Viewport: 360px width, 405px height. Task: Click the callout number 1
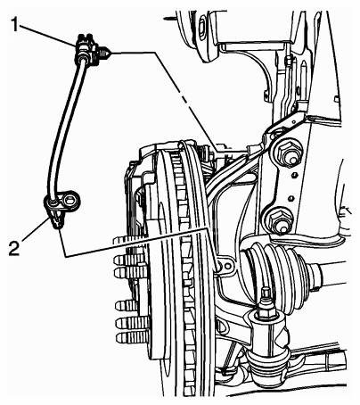coord(14,24)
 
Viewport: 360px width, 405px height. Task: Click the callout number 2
coord(14,248)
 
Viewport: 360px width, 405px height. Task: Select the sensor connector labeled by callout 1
coord(86,49)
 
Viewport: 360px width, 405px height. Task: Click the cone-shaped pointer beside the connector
coord(105,54)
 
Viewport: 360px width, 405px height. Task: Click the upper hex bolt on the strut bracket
coord(287,154)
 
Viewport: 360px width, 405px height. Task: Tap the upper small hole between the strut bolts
coord(295,175)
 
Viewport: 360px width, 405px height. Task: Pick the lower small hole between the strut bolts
coord(291,198)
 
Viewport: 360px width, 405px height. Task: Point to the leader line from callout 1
coord(47,36)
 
